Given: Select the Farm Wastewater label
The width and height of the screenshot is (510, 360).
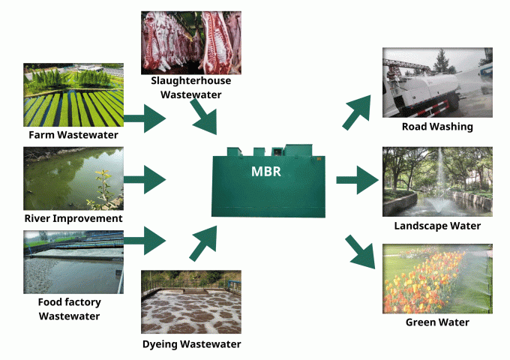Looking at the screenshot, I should [x=73, y=135].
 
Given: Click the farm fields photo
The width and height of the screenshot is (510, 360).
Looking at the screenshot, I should [x=73, y=95].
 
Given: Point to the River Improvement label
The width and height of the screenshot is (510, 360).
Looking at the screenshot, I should [x=73, y=218].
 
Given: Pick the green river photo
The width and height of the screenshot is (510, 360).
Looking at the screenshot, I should [x=73, y=178].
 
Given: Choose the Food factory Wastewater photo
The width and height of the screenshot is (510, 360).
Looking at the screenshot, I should [x=73, y=262].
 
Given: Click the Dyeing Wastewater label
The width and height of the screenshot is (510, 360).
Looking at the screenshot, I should [x=191, y=344].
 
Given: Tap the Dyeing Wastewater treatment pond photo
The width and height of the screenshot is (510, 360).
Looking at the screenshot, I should [x=191, y=301].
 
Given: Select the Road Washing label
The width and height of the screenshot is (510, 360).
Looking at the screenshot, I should [x=437, y=127].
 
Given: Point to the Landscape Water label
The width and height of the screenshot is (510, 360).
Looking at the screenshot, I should [x=437, y=226].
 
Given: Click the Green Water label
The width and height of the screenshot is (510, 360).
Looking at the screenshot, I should [x=437, y=322].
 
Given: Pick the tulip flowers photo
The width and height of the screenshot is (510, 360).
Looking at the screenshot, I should [x=437, y=278].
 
